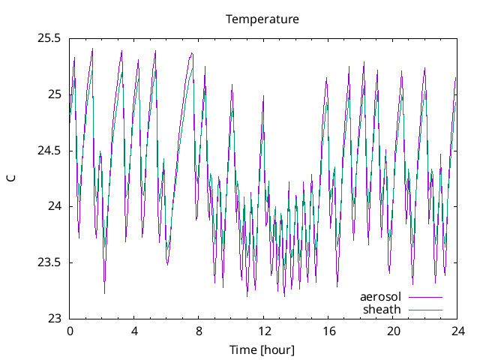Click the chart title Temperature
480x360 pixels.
(x=262, y=19)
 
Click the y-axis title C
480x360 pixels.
(x=10, y=178)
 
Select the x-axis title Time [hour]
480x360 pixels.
(x=262, y=349)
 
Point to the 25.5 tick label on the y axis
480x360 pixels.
(x=49, y=38)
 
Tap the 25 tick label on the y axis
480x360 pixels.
(x=54, y=94)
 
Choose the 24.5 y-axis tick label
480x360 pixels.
(x=49, y=151)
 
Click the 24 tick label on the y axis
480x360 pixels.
(x=54, y=206)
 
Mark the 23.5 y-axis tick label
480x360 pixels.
(x=49, y=262)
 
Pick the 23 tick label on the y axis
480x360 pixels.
(x=54, y=319)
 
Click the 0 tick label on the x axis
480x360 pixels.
(x=70, y=331)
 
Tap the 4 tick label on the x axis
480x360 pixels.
(x=134, y=331)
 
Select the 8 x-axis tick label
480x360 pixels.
(x=199, y=331)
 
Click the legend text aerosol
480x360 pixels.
(x=380, y=297)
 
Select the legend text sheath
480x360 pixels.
(x=382, y=309)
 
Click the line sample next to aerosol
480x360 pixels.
(x=425, y=298)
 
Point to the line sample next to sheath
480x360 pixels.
(x=425, y=310)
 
